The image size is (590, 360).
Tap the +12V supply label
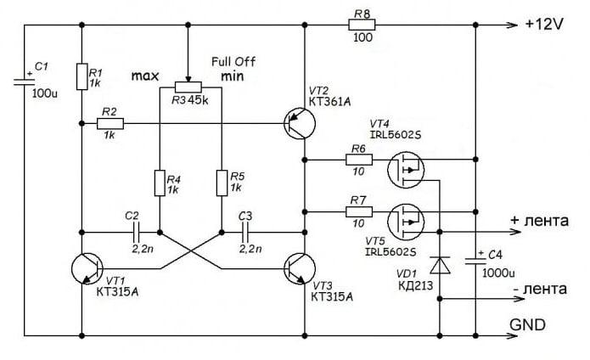[544, 25]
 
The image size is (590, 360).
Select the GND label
[526, 324]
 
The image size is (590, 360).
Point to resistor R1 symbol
[83, 76]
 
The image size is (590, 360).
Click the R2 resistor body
[110, 124]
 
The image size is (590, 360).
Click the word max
[146, 76]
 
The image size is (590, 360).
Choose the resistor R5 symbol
[220, 183]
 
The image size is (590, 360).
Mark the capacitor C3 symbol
[246, 230]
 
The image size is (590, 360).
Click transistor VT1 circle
[88, 268]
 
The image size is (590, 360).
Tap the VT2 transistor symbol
[300, 124]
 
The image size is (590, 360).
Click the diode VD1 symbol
[440, 266]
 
